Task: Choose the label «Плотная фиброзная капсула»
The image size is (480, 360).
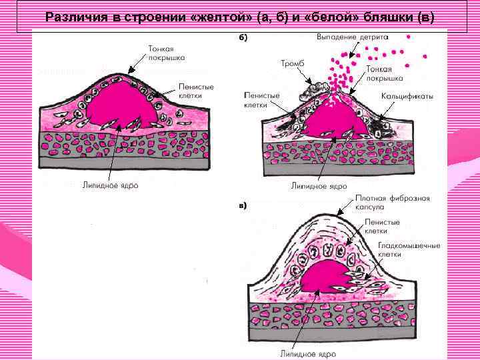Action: (391, 203)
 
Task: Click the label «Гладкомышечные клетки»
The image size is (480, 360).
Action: (409, 249)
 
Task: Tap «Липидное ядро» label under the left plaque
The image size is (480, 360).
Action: (111, 185)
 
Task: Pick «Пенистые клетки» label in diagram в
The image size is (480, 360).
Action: (382, 226)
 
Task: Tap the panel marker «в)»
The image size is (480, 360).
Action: (243, 205)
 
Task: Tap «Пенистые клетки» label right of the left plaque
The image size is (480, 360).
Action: (191, 91)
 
